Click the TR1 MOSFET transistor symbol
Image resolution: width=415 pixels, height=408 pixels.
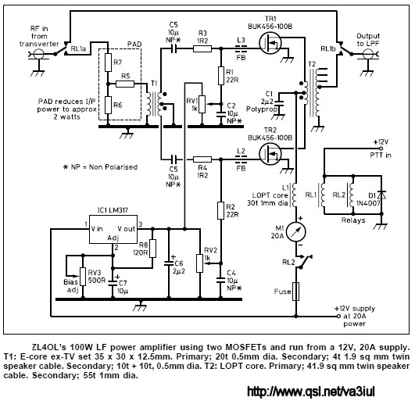pyautogui.click(x=270, y=43)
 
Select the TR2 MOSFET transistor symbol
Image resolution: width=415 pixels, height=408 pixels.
pyautogui.click(x=270, y=154)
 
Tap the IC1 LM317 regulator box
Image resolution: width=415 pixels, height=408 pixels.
pyautogui.click(x=113, y=229)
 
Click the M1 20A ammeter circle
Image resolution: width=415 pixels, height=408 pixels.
pyautogui.click(x=296, y=232)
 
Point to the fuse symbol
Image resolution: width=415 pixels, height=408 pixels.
pyautogui.click(x=296, y=292)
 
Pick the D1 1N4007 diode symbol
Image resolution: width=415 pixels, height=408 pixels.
pyautogui.click(x=381, y=195)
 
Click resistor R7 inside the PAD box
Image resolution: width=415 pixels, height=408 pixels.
pyautogui.click(x=108, y=63)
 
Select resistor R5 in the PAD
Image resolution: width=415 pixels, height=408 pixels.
pyautogui.click(x=125, y=84)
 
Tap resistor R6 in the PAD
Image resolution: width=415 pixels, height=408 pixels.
pyautogui.click(x=108, y=105)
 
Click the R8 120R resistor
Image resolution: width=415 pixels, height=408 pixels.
pyautogui.click(x=152, y=249)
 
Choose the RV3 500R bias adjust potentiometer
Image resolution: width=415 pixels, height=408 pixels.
pyautogui.click(x=83, y=277)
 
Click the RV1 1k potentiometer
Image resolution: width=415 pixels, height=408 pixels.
pyautogui.click(x=202, y=104)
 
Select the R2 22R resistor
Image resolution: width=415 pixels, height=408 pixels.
pyautogui.click(x=220, y=210)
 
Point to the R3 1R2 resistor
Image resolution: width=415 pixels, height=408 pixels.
pyautogui.click(x=202, y=48)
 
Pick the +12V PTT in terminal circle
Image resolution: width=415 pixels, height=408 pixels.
pyautogui.click(x=381, y=149)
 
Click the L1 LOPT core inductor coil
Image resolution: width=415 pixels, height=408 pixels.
pyautogui.click(x=295, y=195)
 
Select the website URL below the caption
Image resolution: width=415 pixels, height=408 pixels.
pyautogui.click(x=311, y=392)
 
